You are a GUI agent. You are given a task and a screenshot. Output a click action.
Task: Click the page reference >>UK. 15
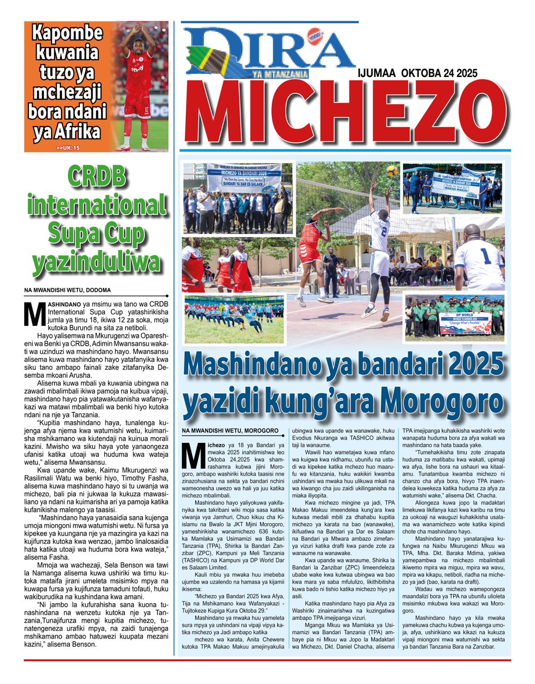pyautogui.click(x=67, y=147)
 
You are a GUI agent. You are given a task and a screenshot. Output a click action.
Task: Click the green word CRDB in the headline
pyautogui.click(x=96, y=177)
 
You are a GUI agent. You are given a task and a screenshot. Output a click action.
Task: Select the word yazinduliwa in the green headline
pyautogui.click(x=96, y=262)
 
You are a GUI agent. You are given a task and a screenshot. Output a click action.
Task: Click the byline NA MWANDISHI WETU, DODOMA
pyautogui.click(x=67, y=290)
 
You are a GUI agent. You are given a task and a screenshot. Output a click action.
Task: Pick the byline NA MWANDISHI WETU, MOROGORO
pyautogui.click(x=230, y=430)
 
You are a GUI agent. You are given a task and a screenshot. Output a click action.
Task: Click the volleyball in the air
pyautogui.click(x=392, y=170)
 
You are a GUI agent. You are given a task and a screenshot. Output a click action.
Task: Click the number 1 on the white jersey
pyautogui.click(x=484, y=257)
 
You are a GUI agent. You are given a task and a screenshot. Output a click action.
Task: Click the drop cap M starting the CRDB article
pyautogui.click(x=34, y=313)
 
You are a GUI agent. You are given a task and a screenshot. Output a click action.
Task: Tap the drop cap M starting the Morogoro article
pyautogui.click(x=191, y=454)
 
